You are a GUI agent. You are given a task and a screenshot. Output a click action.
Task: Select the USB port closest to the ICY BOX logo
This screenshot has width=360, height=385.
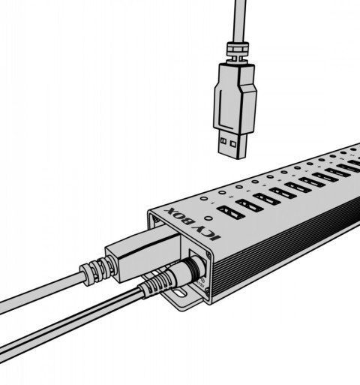(226, 213)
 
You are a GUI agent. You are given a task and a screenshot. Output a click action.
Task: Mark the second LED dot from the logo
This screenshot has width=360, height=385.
(223, 193)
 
